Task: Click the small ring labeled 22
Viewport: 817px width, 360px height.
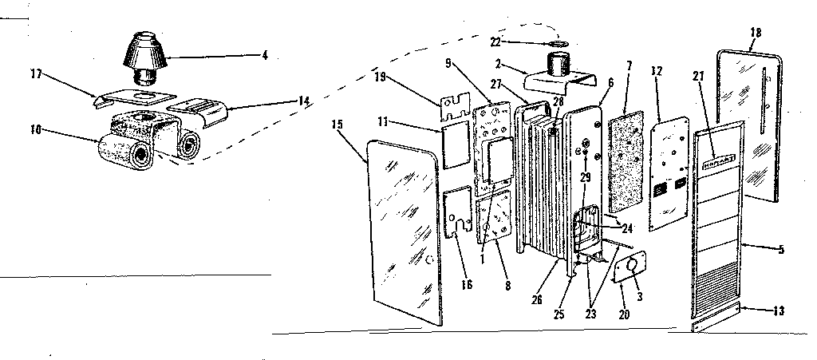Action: click(559, 43)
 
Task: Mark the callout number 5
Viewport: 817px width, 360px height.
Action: click(781, 249)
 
